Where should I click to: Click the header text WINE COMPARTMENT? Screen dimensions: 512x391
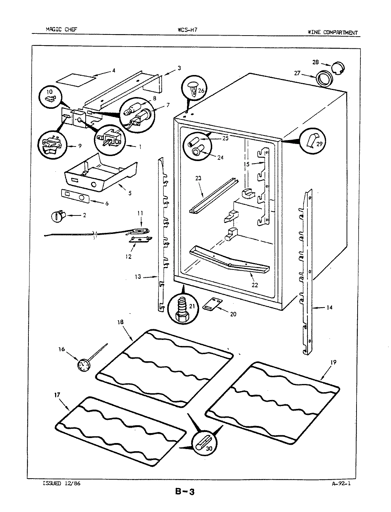click(x=332, y=32)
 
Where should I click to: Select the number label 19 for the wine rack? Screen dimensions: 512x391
click(x=333, y=362)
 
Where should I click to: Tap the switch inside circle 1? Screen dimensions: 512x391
click(x=110, y=139)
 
